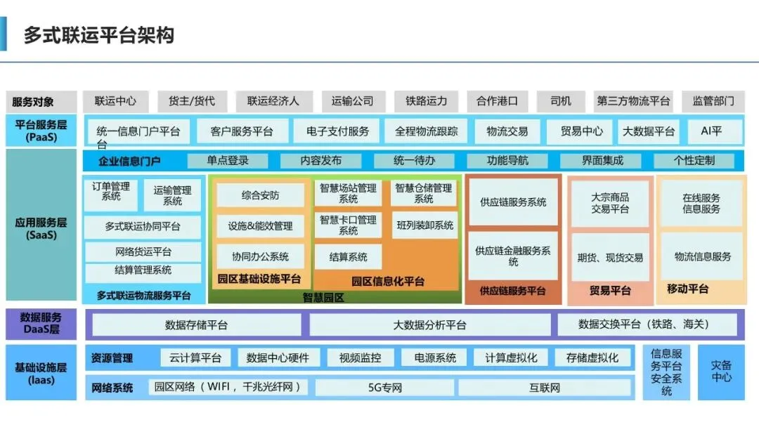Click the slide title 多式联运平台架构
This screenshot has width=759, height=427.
[x=99, y=35]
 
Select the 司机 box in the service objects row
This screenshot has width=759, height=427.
[x=561, y=101]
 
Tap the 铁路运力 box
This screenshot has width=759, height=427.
[x=426, y=101]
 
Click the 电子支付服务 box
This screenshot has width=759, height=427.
[x=337, y=131]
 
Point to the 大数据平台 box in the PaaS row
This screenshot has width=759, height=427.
[x=648, y=131]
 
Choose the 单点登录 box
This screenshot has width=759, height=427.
[x=228, y=161]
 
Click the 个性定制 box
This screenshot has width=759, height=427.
[x=694, y=161]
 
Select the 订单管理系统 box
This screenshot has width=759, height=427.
[x=111, y=195]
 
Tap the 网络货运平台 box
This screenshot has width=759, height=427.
[x=143, y=251]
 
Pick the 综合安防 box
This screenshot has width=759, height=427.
[x=261, y=195]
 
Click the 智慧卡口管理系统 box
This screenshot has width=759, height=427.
[x=348, y=225]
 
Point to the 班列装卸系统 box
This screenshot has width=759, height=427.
[x=425, y=225]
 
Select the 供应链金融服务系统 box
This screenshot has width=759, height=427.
[x=513, y=256]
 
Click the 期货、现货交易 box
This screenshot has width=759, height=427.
[x=610, y=258]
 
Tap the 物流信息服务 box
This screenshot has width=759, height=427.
[x=702, y=257]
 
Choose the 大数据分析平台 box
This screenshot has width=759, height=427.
[x=430, y=325]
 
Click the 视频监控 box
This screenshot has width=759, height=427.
[x=360, y=358]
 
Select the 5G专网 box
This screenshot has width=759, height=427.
[x=385, y=388]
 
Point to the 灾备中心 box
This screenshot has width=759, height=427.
[x=721, y=372]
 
